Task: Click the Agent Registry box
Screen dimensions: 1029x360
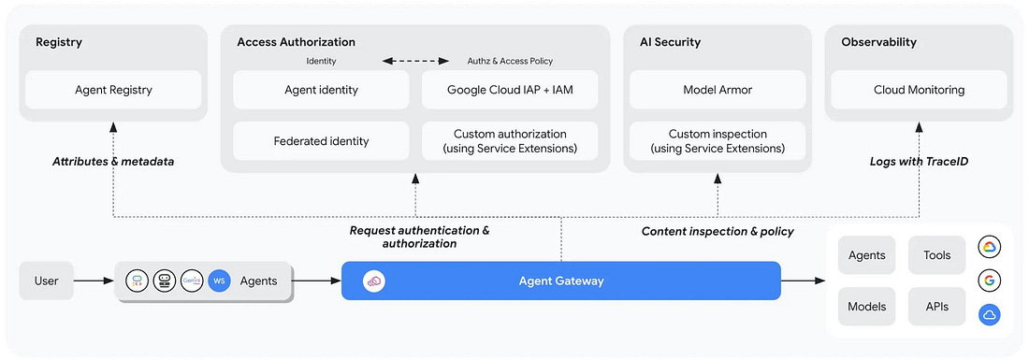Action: click(113, 90)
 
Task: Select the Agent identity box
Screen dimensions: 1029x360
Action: click(322, 90)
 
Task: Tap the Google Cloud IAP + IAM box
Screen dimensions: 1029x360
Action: click(510, 90)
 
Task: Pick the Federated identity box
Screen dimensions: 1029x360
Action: click(322, 141)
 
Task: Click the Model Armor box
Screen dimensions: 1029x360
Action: click(717, 90)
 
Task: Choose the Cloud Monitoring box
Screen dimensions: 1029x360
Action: click(919, 90)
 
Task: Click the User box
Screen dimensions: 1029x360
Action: click(47, 281)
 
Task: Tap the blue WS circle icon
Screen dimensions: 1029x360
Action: click(219, 281)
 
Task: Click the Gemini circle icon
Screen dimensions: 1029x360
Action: click(192, 281)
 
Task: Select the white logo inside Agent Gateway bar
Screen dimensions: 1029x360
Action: click(374, 281)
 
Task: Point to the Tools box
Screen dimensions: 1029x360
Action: click(936, 255)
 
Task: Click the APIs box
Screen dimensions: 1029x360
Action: click(936, 306)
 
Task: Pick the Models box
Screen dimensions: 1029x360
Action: click(867, 306)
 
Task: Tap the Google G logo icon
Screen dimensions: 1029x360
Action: click(989, 281)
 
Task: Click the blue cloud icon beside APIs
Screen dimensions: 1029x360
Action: click(989, 315)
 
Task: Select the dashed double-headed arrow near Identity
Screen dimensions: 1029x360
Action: click(416, 61)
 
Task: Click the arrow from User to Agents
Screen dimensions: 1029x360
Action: click(94, 281)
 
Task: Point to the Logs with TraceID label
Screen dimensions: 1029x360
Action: click(919, 161)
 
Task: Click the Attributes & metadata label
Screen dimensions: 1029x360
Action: click(113, 161)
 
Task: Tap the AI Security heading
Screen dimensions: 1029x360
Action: click(670, 42)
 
